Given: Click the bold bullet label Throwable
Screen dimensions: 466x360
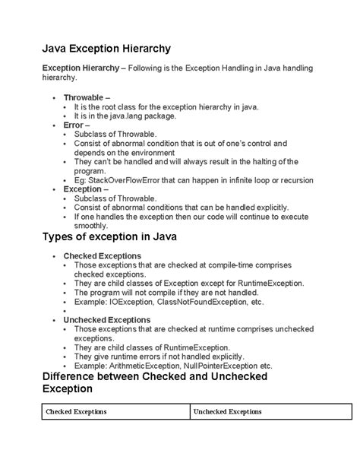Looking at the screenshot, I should coord(86,98).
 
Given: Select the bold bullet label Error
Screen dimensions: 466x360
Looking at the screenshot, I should coord(74,125).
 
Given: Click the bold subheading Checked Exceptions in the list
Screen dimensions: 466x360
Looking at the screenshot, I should coord(102,256).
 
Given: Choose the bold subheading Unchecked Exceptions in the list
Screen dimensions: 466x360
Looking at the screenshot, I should coord(107,320).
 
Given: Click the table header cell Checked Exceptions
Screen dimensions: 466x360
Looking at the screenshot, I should coord(76,411).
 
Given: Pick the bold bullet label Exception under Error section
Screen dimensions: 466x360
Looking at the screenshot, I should coord(82,189).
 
